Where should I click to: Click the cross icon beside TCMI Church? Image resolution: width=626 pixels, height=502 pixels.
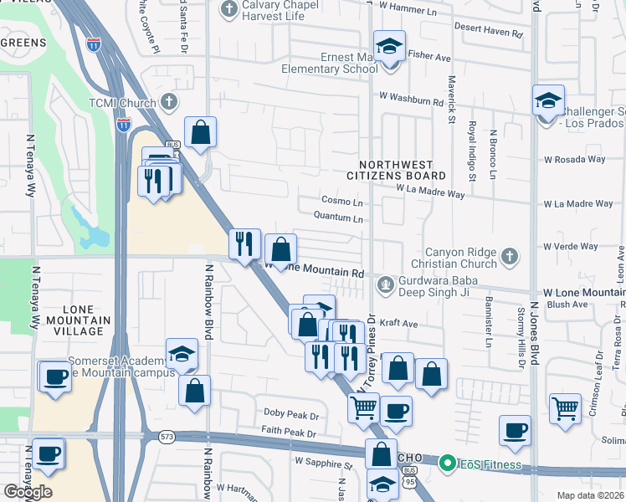click(169, 102)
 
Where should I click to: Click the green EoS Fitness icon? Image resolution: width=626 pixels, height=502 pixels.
click(447, 463)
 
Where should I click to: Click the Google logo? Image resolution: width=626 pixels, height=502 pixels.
click(28, 492)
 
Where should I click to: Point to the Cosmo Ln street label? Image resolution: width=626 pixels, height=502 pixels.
click(342, 202)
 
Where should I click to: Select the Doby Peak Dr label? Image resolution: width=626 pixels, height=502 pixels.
click(291, 415)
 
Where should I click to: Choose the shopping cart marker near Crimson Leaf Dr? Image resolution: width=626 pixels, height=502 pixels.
click(566, 410)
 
